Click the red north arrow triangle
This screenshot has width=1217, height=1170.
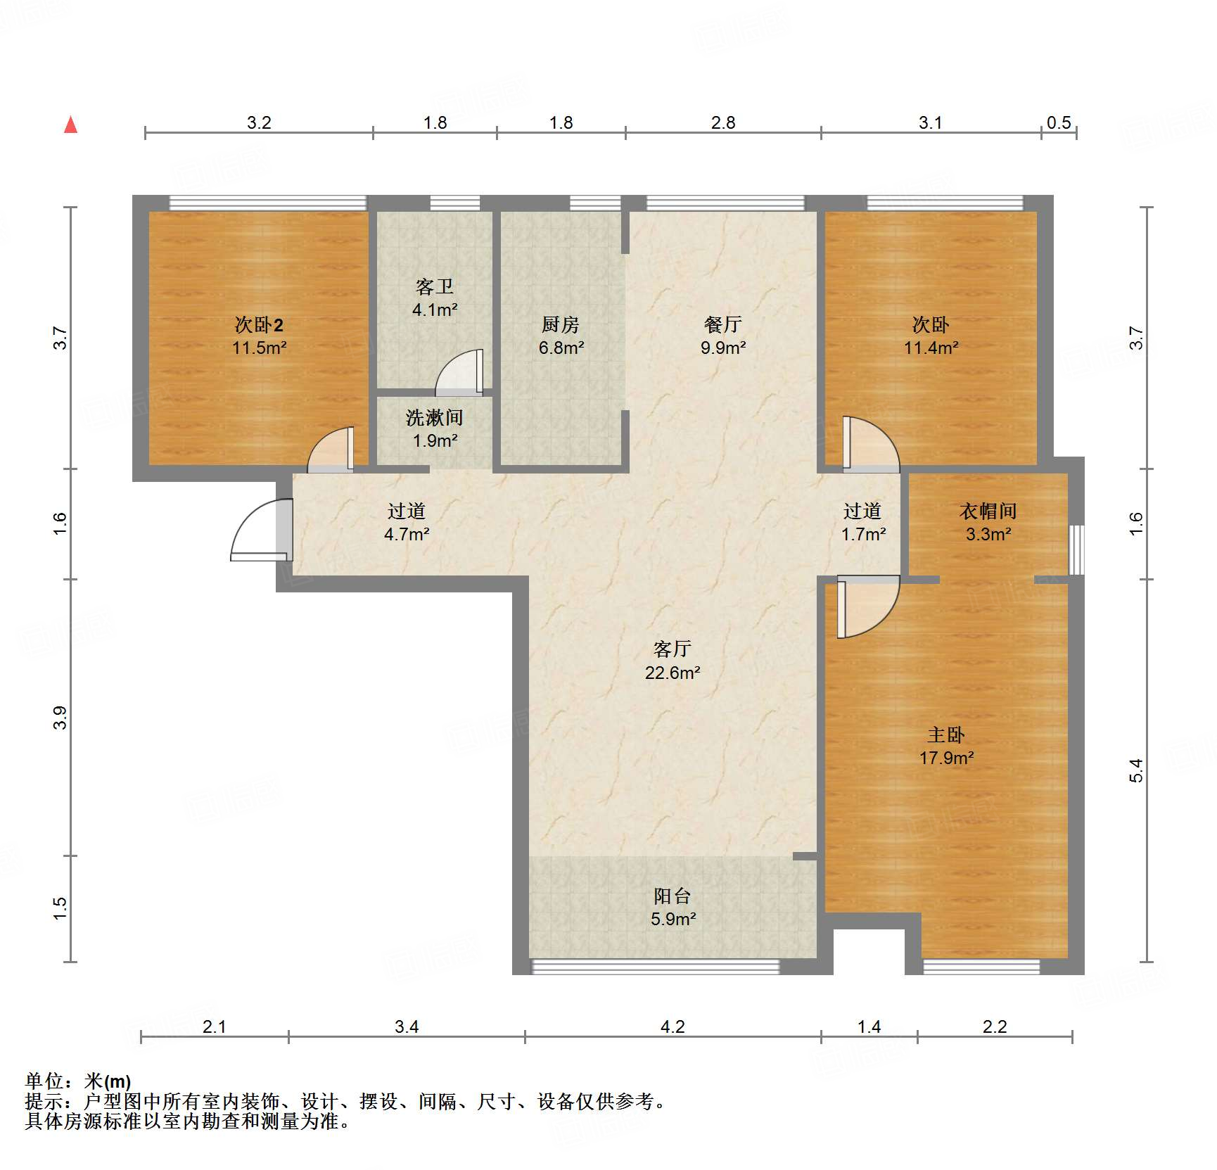pyautogui.click(x=71, y=125)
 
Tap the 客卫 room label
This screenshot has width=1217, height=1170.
pyautogui.click(x=435, y=287)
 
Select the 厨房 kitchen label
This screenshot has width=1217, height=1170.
pyautogui.click(x=561, y=324)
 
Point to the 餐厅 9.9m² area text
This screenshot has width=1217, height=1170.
pyautogui.click(x=723, y=348)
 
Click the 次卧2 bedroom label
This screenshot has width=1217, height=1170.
pyautogui.click(x=259, y=324)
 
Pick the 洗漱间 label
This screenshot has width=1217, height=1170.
pyautogui.click(x=435, y=418)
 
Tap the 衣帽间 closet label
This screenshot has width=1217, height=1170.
pyautogui.click(x=988, y=511)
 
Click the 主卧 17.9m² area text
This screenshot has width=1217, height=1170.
pyautogui.click(x=946, y=758)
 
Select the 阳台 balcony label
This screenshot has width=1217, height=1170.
pyautogui.click(x=673, y=896)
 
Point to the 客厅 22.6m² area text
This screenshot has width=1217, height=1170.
pyautogui.click(x=673, y=673)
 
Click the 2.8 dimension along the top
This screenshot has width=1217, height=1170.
pyautogui.click(x=723, y=122)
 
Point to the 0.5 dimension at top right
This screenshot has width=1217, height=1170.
pyautogui.click(x=1059, y=122)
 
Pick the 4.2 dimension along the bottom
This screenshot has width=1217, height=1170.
pyautogui.click(x=673, y=1026)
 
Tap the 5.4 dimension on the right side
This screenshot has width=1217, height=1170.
pyautogui.click(x=1136, y=770)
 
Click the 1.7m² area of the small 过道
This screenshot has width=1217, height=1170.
pyautogui.click(x=863, y=534)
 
